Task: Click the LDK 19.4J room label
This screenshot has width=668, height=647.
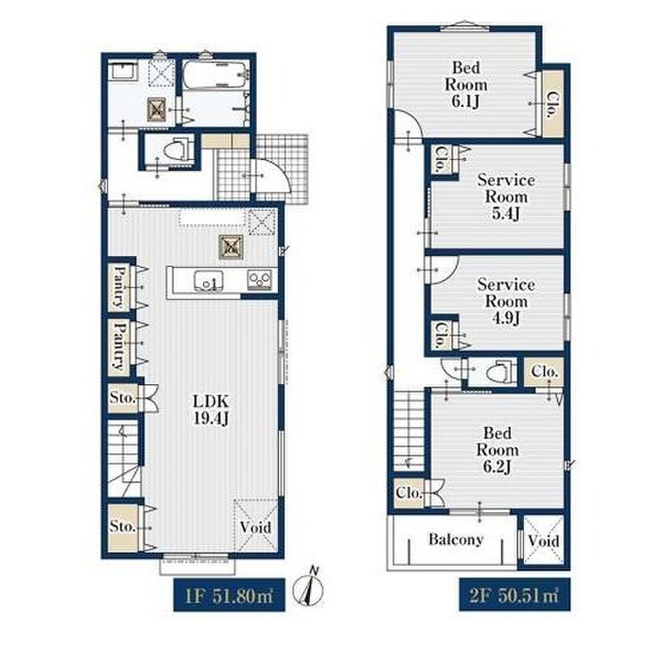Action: pos(211,409)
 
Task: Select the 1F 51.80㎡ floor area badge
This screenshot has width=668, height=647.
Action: pos(229,595)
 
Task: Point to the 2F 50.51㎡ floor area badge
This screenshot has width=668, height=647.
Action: pos(514,595)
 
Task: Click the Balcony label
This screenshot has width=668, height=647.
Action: pos(456,539)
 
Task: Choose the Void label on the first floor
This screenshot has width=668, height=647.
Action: pos(255,527)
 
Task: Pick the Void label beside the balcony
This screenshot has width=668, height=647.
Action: pos(543,541)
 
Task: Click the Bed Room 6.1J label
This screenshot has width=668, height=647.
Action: pos(466,84)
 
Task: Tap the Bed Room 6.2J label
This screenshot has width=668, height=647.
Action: pos(497,450)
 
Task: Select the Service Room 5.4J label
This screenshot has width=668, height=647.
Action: pos(506,197)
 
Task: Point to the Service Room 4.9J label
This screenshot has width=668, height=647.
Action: pos(506,301)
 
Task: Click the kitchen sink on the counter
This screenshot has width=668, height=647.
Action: pos(208,281)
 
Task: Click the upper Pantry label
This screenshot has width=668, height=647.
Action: pos(119,286)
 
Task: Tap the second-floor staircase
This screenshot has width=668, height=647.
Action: pos(409,432)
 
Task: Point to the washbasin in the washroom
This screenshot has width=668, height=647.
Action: pos(123,70)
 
